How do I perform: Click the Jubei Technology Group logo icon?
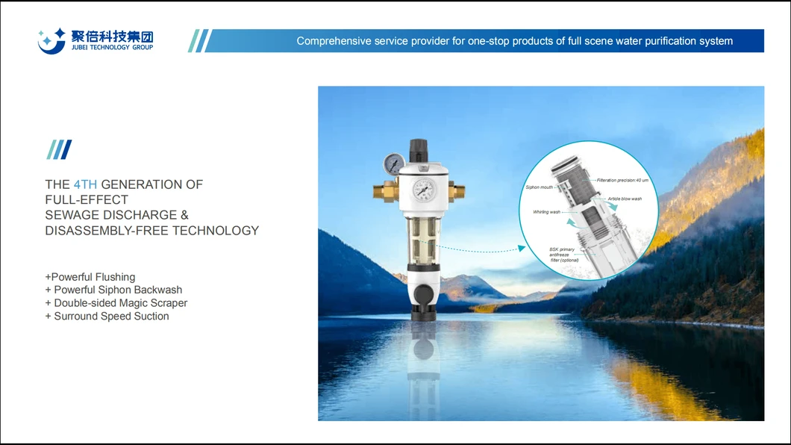51,40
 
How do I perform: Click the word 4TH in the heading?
85,184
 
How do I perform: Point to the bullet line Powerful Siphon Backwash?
113,290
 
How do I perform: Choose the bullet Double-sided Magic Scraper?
116,303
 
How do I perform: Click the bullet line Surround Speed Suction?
107,317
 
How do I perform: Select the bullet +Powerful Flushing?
90,277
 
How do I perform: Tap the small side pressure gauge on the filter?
395,163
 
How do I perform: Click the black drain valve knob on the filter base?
423,292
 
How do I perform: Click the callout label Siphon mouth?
539,187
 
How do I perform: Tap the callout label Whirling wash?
546,212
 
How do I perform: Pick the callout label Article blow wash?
624,199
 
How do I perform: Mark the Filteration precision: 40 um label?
622,180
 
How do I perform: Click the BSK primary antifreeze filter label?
562,255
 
